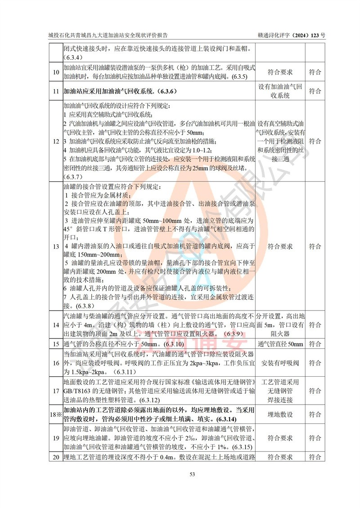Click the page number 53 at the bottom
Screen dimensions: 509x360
click(x=180, y=474)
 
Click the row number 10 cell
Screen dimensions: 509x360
click(x=56, y=72)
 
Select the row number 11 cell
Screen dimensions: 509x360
click(x=56, y=91)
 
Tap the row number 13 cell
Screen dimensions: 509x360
click(x=56, y=246)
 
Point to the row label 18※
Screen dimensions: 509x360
click(x=56, y=414)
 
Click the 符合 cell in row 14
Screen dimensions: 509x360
click(x=315, y=325)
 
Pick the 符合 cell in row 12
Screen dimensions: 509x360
click(x=315, y=141)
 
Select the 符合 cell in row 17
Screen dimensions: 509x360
click(x=315, y=390)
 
